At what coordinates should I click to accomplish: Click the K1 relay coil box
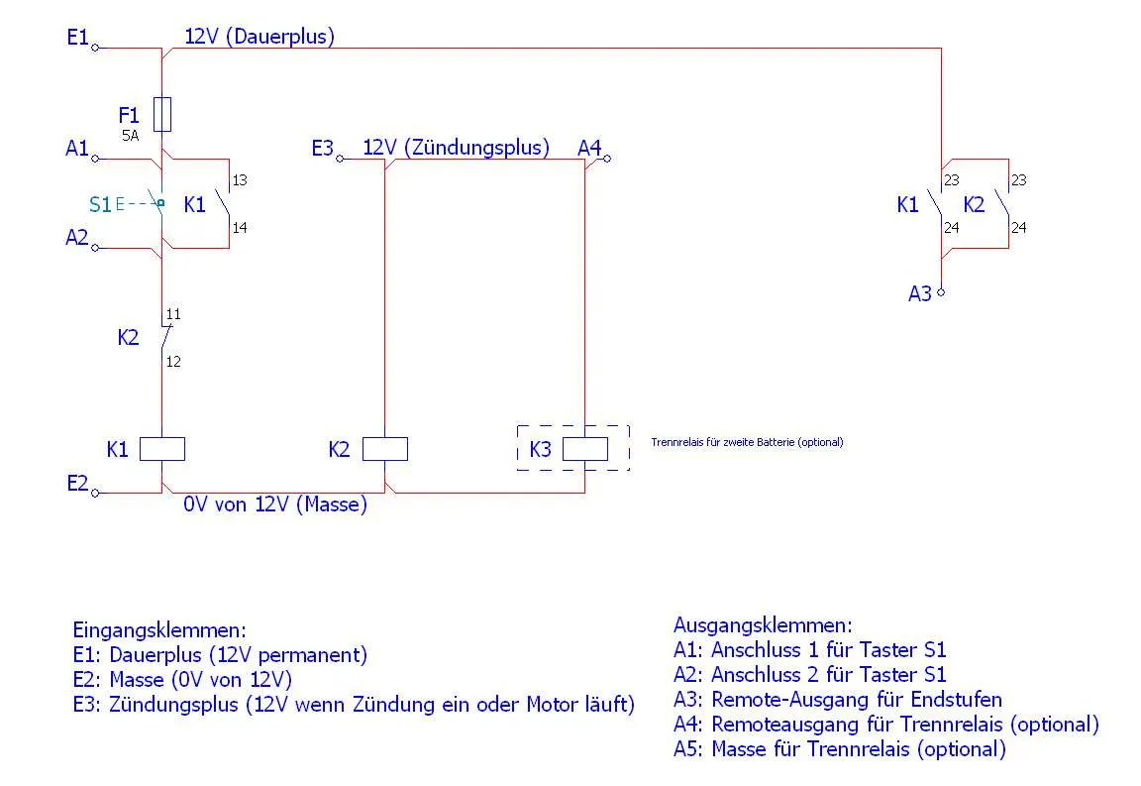click(161, 449)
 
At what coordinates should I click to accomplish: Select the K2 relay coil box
click(384, 449)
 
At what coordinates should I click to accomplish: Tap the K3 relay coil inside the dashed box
click(585, 449)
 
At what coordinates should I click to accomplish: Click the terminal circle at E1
click(95, 47)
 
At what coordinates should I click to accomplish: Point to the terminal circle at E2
click(95, 492)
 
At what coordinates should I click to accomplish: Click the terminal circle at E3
click(340, 158)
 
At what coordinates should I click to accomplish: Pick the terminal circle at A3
click(941, 292)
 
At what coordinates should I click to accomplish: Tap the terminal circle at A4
click(607, 158)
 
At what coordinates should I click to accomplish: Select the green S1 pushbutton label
click(100, 205)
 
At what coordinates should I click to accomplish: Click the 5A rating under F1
click(130, 135)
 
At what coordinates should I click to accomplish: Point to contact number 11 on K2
click(173, 315)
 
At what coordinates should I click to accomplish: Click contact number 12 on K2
click(173, 362)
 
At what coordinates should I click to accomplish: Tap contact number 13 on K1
click(240, 181)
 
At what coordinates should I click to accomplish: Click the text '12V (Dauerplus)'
click(259, 38)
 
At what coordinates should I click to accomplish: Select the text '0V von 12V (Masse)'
click(274, 505)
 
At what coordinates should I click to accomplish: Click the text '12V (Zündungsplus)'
click(456, 148)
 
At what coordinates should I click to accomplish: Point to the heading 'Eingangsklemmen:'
click(159, 629)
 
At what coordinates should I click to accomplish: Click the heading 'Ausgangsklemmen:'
click(763, 625)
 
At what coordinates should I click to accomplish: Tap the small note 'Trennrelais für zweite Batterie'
click(747, 442)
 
